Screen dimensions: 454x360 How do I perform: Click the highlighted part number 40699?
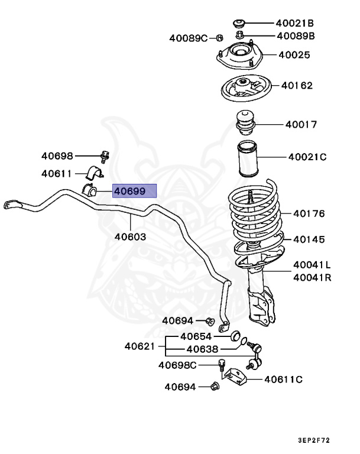pos(135,190)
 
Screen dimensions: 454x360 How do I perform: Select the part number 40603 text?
pos(130,236)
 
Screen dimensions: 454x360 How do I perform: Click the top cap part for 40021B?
pos(239,24)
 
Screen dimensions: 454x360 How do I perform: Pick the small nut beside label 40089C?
pos(219,38)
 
